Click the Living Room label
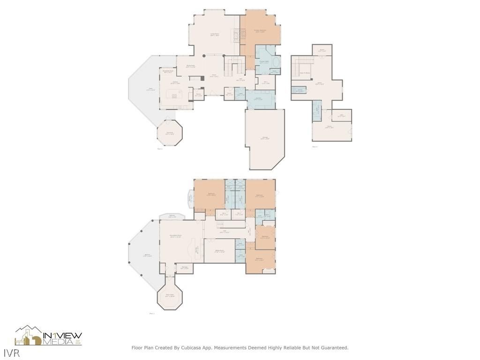click(x=215, y=34)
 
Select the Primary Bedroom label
click(x=260, y=31)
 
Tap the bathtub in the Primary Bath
click(x=275, y=62)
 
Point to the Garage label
click(x=265, y=138)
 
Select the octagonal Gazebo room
click(x=169, y=133)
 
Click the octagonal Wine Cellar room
click(x=170, y=296)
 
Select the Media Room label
click(x=220, y=251)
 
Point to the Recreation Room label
click(x=175, y=237)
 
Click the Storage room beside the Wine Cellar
click(x=185, y=268)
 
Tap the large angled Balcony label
click(x=147, y=255)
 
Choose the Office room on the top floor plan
click(x=342, y=115)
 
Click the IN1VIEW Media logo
click(x=49, y=336)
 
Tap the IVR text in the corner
click(x=9, y=352)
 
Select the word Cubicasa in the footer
click(x=188, y=348)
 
